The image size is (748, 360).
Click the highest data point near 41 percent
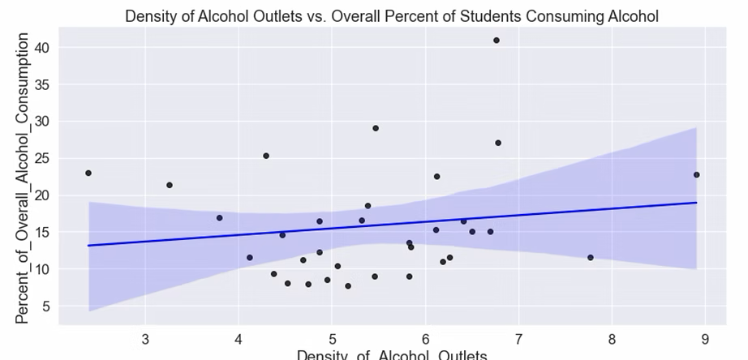tap(497, 41)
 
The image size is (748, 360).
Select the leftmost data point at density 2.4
tap(88, 173)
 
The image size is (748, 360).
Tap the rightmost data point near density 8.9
tap(696, 174)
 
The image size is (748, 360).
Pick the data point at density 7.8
tap(591, 258)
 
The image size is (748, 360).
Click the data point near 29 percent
tap(376, 128)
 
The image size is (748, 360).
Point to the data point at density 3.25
tap(170, 185)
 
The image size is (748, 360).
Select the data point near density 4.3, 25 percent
tap(266, 156)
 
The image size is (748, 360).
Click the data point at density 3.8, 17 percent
tap(219, 218)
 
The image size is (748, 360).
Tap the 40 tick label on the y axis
tap(41, 48)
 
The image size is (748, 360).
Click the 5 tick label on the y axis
tap(45, 306)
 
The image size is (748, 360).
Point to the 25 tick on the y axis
tap(41, 159)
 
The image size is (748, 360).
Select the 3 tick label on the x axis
tap(145, 336)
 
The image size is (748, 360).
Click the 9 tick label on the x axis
tap(705, 336)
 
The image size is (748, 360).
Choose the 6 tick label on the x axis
tap(425, 336)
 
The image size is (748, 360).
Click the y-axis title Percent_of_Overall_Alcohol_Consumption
tap(22, 178)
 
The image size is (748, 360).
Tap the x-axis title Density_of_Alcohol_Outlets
tap(392, 354)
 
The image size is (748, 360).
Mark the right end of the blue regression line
tap(697, 203)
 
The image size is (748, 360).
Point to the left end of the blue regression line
tap(88, 245)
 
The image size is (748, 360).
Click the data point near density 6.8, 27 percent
tap(498, 143)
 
